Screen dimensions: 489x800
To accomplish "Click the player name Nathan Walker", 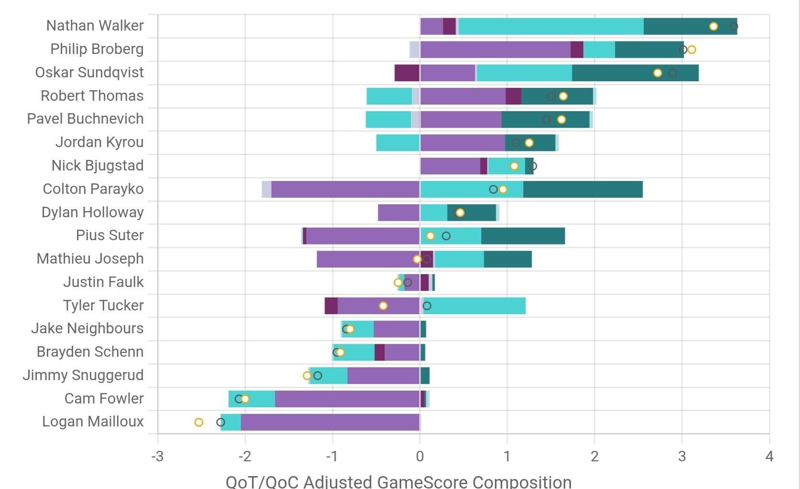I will tap(95, 26).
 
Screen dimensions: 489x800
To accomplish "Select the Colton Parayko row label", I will tap(93, 189).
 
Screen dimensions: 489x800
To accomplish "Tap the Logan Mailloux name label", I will tap(93, 422).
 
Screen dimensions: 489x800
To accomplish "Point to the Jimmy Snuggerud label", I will tap(83, 375).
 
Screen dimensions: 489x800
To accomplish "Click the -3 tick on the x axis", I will tap(157, 457).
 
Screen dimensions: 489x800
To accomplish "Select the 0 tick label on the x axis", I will tap(420, 457).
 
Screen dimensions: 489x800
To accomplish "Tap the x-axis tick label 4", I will tap(769, 457).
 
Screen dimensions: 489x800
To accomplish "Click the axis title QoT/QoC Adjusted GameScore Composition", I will tap(398, 481).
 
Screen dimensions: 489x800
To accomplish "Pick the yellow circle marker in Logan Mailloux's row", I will tap(199, 422).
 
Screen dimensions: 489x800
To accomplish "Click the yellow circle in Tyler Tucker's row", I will tap(383, 306).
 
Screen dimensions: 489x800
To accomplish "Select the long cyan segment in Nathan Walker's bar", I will tap(550, 26).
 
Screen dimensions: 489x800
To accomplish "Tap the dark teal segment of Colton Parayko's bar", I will tap(582, 189).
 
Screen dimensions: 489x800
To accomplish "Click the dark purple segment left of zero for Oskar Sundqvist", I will tap(407, 73).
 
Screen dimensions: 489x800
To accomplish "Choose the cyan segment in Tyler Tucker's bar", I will tap(476, 306).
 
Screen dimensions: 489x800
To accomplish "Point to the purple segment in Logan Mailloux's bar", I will tap(330, 422).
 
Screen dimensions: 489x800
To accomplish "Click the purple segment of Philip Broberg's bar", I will tap(495, 50).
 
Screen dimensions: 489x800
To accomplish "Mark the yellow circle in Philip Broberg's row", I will tap(691, 50).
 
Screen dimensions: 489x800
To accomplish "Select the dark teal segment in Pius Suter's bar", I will tap(523, 236).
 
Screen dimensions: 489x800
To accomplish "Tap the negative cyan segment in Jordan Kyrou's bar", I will tap(398, 143).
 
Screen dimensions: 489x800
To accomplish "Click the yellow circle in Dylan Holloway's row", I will tap(460, 213).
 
